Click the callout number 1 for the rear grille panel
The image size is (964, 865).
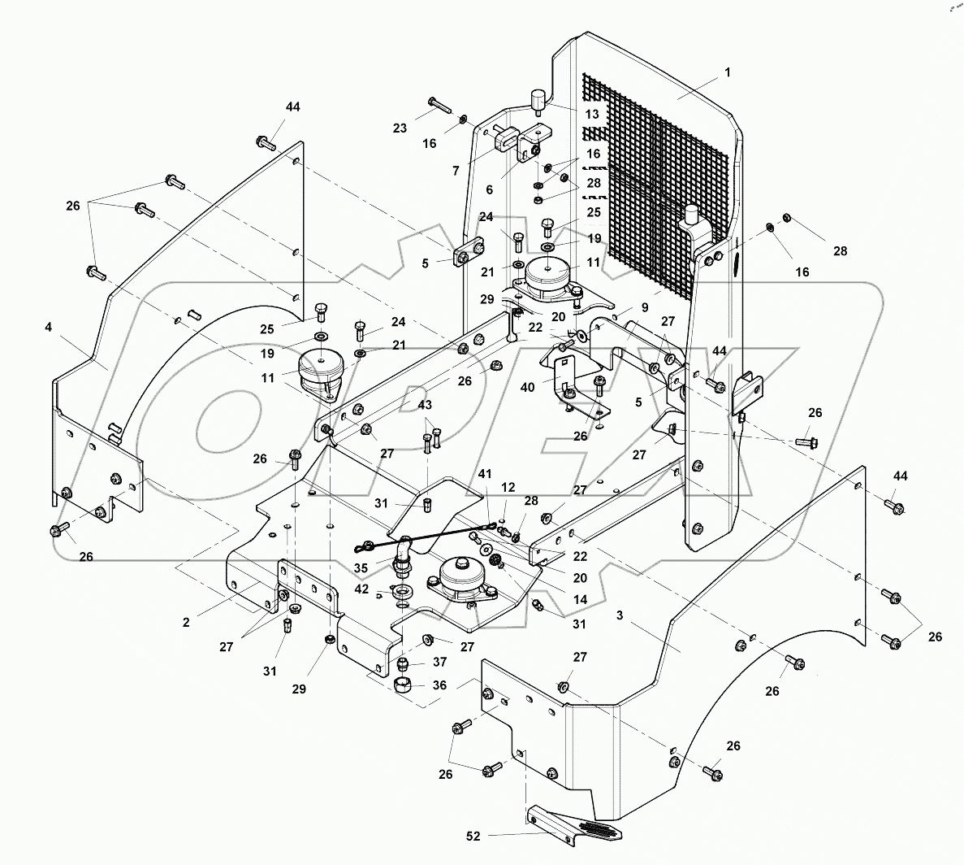tap(728, 72)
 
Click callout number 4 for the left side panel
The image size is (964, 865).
tap(50, 328)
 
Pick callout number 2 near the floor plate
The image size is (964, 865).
tap(186, 622)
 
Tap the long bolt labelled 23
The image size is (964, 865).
tap(439, 105)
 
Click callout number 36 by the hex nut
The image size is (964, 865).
tap(439, 685)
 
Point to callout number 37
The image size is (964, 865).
tap(439, 662)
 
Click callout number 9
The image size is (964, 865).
tap(645, 308)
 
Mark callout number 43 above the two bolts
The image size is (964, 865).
tap(426, 405)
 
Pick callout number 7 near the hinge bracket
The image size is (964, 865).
tap(456, 171)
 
